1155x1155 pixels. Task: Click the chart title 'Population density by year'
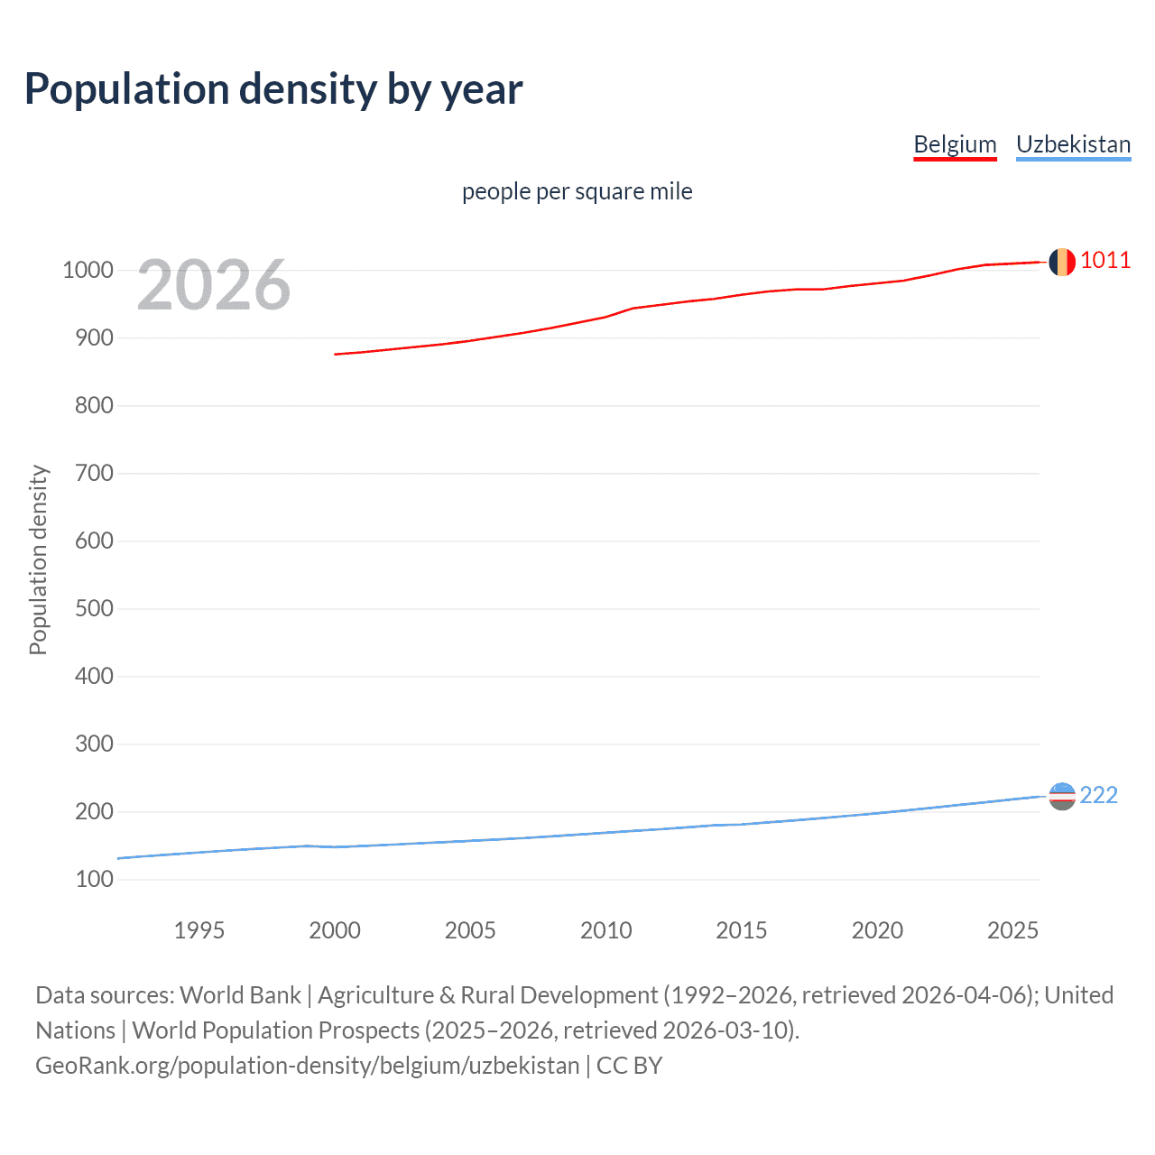pos(273,88)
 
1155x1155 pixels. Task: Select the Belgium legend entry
pos(955,144)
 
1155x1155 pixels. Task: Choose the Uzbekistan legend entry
pos(1073,144)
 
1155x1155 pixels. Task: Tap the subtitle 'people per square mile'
pos(577,191)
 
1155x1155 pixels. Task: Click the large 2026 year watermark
pos(214,285)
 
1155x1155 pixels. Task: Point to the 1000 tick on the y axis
pos(88,270)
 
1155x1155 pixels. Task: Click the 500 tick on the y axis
pos(94,608)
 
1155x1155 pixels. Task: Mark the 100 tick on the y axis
pos(94,879)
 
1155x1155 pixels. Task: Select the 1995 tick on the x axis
pos(199,930)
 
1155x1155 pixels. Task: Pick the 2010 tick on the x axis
pos(605,930)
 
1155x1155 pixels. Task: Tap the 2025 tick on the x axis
pos(1012,930)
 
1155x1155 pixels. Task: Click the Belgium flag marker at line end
pos(1062,262)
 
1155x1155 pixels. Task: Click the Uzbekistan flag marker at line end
pos(1062,796)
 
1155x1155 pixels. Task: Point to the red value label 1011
pos(1105,261)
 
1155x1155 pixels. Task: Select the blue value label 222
pos(1098,795)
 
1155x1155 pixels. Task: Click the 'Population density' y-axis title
pos(38,559)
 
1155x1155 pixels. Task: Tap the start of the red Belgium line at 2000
pos(336,354)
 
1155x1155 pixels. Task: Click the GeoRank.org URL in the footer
pos(307,1066)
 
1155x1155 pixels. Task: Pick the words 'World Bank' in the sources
pos(240,995)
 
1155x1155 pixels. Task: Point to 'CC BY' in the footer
pos(629,1066)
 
